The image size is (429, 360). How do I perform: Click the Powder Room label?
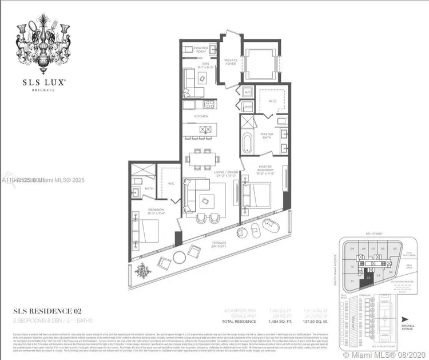click(x=200, y=50)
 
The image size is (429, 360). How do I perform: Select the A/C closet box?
click(x=248, y=92)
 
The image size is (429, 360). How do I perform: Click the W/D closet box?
click(x=248, y=106)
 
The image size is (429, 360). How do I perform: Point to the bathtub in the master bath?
click(x=247, y=141)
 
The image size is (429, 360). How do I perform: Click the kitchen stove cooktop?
click(x=209, y=104)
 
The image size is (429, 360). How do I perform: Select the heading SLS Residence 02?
click(x=52, y=311)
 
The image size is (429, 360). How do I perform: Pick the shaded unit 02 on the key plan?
click(x=370, y=277)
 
